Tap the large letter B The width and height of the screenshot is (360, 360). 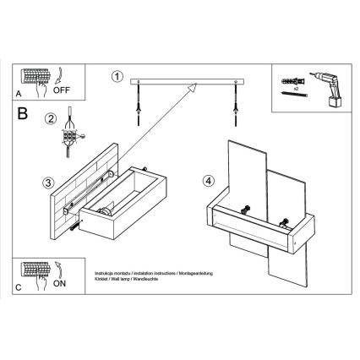coord(23,111)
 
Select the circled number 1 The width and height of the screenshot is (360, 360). coord(117,76)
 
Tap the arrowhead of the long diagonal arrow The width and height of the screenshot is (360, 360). coord(194,86)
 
